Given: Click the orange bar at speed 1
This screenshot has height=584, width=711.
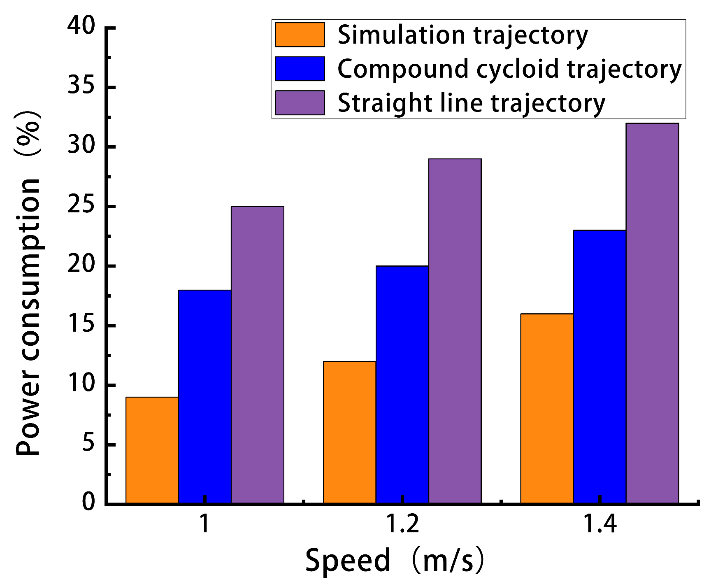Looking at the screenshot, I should pos(152,450).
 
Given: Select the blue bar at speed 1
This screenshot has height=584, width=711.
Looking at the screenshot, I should pos(204,396).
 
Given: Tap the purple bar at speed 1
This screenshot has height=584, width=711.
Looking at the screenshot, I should pos(257,354).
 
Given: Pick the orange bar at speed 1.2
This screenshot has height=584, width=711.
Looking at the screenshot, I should pos(349,432).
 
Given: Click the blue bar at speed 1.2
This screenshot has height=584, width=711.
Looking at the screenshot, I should pos(402,384).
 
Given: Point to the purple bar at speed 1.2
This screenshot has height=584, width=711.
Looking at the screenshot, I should pos(455,330).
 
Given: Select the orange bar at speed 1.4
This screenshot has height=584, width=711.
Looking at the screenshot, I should pos(547,408).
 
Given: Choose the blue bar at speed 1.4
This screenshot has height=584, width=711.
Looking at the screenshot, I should pos(599,366).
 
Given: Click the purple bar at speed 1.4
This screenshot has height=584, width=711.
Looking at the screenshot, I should pos(652,313).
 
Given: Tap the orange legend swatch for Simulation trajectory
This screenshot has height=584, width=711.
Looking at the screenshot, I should pos(300,35).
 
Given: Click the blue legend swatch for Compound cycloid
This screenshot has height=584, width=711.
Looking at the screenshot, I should pos(300,69).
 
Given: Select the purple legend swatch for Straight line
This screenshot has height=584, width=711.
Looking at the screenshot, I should pos(300,102).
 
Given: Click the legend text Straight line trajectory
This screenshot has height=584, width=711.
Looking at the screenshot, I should pos(471,103).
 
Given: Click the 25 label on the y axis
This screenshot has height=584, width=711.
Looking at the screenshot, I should pos(81,206).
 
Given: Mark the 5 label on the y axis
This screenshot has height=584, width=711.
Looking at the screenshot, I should pos(88,444).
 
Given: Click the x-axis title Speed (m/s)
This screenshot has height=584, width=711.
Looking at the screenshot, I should pos(394,561).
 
